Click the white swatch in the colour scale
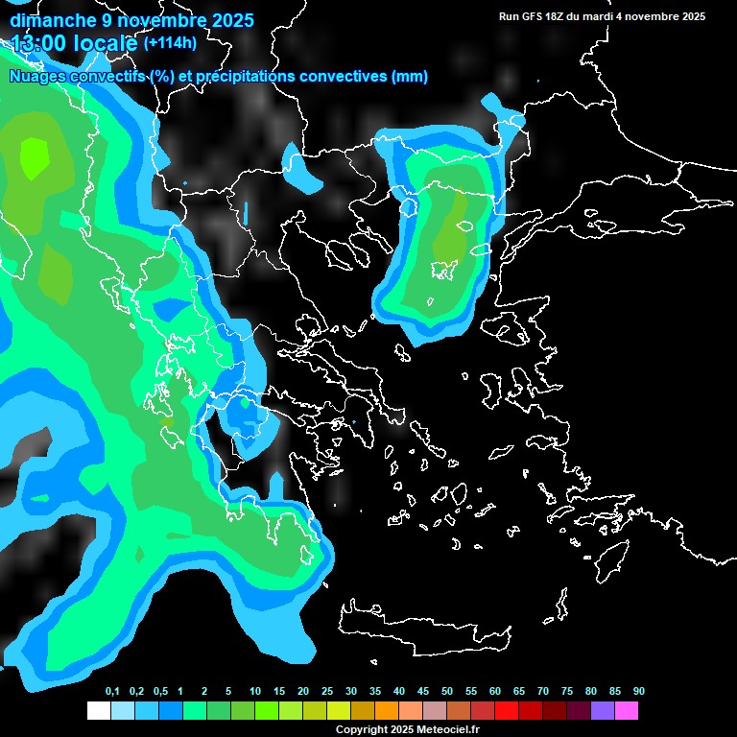click(98, 710)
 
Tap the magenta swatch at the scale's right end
click(627, 710)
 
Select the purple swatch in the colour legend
click(603, 710)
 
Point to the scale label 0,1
click(112, 692)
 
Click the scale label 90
click(638, 692)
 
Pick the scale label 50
click(447, 692)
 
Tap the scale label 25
click(327, 692)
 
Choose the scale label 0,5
click(160, 692)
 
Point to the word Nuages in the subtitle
click(36, 77)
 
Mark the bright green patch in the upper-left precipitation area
click(34, 156)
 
